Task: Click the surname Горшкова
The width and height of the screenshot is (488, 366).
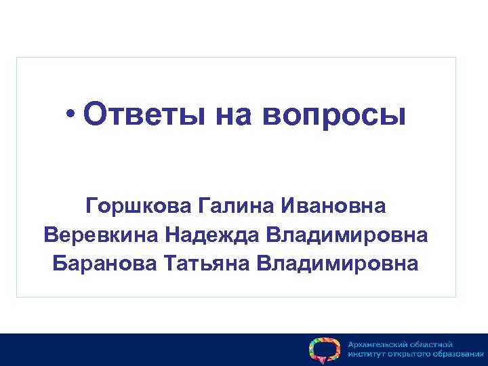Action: pyautogui.click(x=138, y=205)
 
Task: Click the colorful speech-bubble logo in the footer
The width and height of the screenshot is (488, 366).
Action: pyautogui.click(x=323, y=349)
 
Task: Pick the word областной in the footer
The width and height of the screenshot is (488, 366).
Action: pyautogui.click(x=434, y=344)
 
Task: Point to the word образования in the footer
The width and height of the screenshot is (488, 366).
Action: pyautogui.click(x=459, y=354)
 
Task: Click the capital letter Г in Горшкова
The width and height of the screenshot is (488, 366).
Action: pyautogui.click(x=91, y=205)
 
